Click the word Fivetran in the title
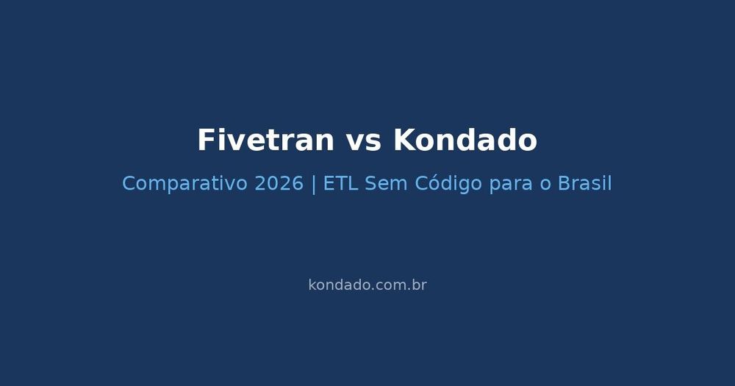(265, 140)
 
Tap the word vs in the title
(364, 140)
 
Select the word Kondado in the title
(465, 140)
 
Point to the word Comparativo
(184, 184)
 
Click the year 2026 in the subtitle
(279, 184)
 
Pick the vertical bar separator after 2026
(314, 184)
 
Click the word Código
(448, 184)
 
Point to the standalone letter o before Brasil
(545, 184)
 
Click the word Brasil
(584, 184)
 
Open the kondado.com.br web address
(367, 285)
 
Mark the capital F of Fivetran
(205, 140)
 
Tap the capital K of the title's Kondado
(403, 140)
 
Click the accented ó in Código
(431, 184)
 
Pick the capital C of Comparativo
(129, 184)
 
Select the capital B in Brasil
(564, 184)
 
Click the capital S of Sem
(370, 184)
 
